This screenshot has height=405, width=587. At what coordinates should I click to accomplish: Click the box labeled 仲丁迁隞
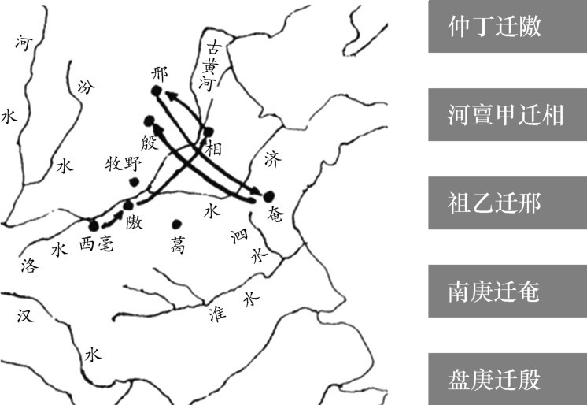[x=508, y=27]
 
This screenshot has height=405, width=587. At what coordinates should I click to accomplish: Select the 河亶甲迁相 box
[x=508, y=115]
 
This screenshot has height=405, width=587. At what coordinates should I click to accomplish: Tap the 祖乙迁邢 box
[x=508, y=204]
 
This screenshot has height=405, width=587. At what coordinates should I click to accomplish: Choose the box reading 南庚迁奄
[x=508, y=292]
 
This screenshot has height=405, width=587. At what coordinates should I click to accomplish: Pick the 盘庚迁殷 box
[x=508, y=381]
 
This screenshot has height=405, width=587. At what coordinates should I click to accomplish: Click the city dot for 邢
[x=157, y=91]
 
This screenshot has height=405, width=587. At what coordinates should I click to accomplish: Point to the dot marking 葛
[x=176, y=224]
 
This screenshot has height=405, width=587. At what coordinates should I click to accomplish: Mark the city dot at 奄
[x=269, y=195]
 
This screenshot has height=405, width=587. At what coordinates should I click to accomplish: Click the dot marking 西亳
[x=94, y=225]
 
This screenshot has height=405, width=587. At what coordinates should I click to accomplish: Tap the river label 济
[x=272, y=158]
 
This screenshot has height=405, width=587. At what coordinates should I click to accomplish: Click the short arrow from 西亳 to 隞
[x=113, y=217]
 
